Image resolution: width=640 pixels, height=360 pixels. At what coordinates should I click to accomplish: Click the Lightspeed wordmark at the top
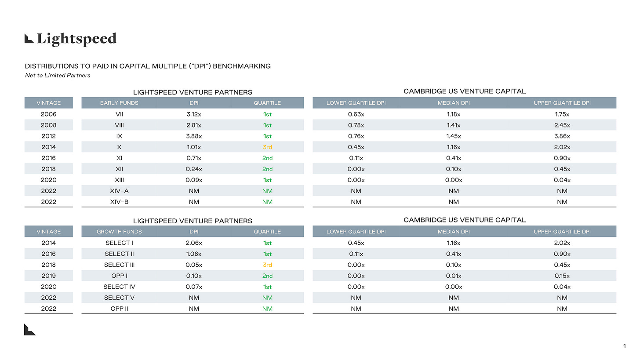pos(70,39)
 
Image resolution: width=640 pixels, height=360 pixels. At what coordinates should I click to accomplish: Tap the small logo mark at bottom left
pos(29,329)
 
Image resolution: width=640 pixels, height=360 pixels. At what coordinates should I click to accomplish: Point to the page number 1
pos(625,347)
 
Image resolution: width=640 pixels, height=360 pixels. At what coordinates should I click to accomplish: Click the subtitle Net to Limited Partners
pos(58,75)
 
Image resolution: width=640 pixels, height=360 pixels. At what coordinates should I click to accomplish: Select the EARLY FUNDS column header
pos(119,103)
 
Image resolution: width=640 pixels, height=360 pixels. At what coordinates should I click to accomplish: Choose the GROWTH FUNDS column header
pos(119,232)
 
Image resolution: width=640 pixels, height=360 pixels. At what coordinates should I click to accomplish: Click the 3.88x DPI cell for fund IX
pos(193,136)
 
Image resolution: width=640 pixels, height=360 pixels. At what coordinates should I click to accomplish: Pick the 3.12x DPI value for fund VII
pos(193,114)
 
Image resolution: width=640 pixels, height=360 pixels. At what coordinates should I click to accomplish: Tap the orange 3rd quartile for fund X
pos(267,147)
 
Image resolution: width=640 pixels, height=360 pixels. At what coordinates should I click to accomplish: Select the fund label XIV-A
pos(119,191)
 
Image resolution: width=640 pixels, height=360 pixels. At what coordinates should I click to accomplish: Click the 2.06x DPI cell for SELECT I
pos(193,243)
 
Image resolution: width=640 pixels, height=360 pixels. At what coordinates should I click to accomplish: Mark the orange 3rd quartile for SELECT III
pos(267,265)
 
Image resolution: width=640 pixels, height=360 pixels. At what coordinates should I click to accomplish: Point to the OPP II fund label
pos(119,309)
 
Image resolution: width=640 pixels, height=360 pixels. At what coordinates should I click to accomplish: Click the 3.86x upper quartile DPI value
pos(562,136)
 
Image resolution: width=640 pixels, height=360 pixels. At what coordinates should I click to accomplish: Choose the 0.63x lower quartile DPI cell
pos(356,114)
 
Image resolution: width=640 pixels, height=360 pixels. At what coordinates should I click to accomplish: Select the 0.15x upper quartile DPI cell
pos(562,276)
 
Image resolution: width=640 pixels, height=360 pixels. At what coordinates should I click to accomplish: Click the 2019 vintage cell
pos(48,276)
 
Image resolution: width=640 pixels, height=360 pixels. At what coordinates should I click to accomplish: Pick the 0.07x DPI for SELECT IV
pos(193,287)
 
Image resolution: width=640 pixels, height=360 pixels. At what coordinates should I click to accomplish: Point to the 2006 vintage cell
pos(48,114)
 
